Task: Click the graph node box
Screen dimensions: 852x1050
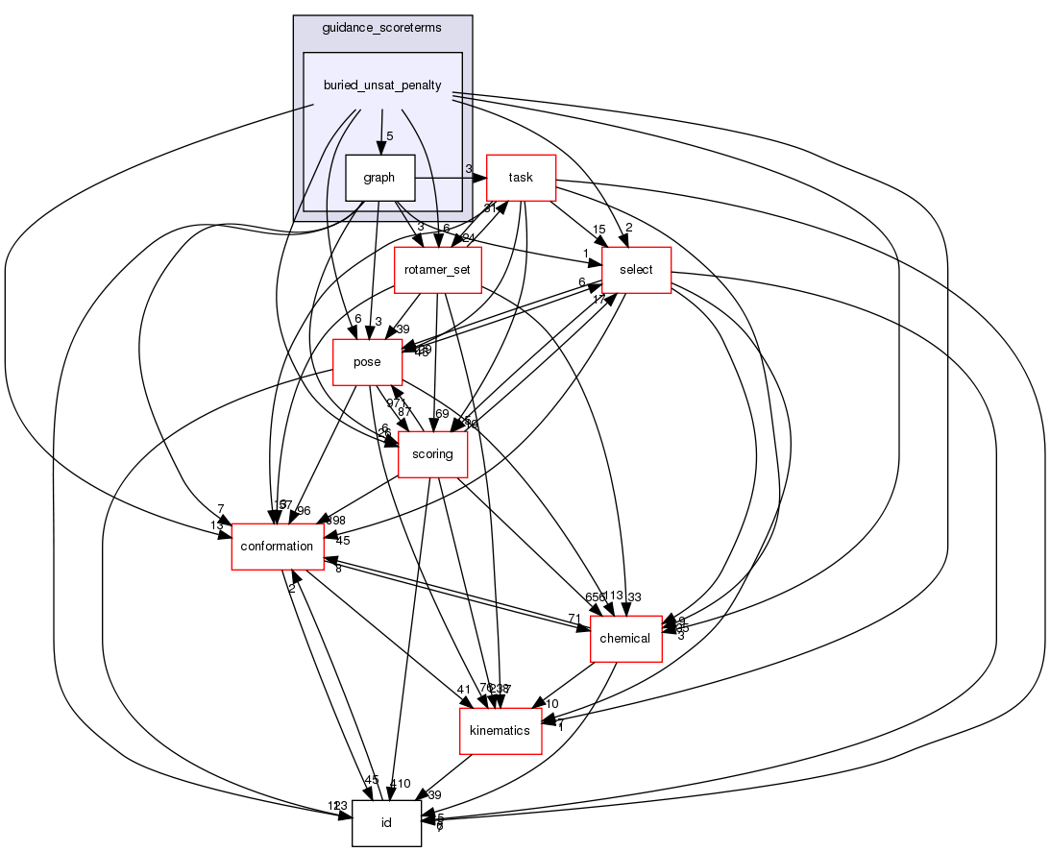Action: pyautogui.click(x=379, y=178)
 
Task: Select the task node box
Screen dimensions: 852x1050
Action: pyautogui.click(x=521, y=178)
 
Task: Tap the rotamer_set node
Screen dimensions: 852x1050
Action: pyautogui.click(x=437, y=270)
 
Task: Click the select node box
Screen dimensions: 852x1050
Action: pyautogui.click(x=636, y=270)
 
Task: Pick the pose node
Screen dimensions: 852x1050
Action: pyautogui.click(x=367, y=362)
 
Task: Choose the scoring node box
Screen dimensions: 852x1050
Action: pyautogui.click(x=432, y=454)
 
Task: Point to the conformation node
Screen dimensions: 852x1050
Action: pyautogui.click(x=277, y=547)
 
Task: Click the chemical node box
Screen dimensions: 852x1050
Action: pyautogui.click(x=625, y=639)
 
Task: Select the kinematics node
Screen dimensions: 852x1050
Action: pyautogui.click(x=500, y=731)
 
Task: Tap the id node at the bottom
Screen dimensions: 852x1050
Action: pyautogui.click(x=386, y=823)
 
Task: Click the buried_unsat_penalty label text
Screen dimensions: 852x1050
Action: pyautogui.click(x=382, y=85)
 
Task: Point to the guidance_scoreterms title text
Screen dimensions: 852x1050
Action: pyautogui.click(x=382, y=28)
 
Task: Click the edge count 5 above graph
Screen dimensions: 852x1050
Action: pyautogui.click(x=389, y=136)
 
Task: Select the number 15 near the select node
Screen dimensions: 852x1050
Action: pyautogui.click(x=598, y=229)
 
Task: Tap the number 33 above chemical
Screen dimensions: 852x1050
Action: pyautogui.click(x=634, y=596)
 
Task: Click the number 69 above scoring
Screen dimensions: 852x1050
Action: pyautogui.click(x=442, y=413)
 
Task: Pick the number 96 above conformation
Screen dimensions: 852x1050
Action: pyautogui.click(x=304, y=511)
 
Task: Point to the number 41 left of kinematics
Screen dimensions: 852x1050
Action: pyautogui.click(x=463, y=689)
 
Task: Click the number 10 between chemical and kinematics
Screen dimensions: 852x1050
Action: pyautogui.click(x=552, y=704)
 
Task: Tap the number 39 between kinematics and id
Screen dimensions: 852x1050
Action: pyautogui.click(x=433, y=795)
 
